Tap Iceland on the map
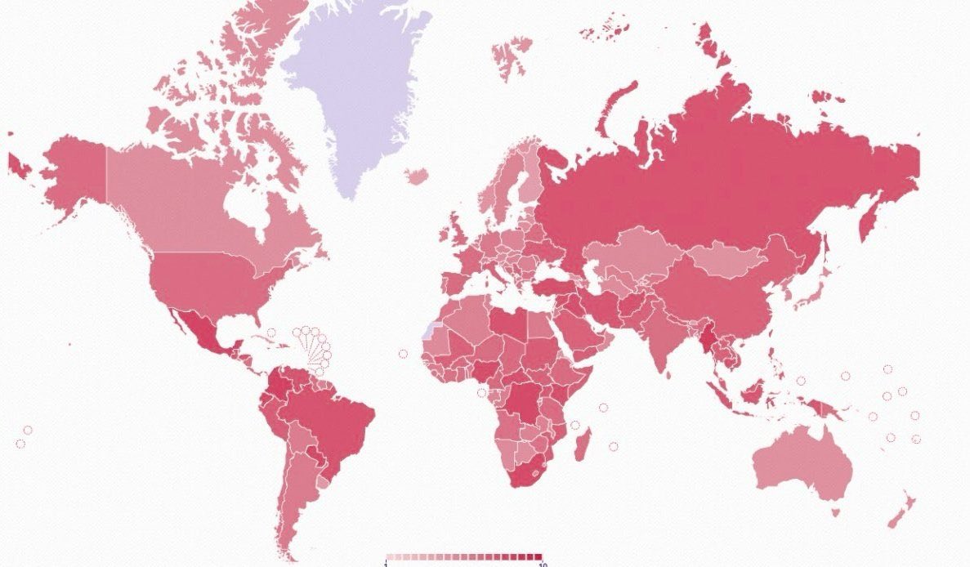(416, 176)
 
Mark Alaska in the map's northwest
(74, 172)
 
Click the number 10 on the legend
(542, 564)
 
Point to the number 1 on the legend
(386, 564)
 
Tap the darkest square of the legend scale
(537, 556)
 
